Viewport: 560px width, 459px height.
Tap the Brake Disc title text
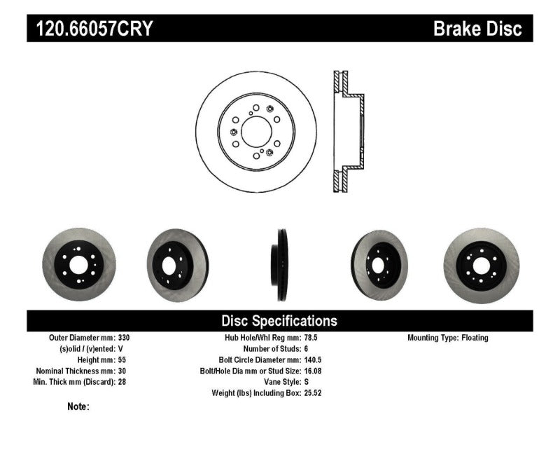(x=477, y=29)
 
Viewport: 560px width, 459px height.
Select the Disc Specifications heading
(x=279, y=321)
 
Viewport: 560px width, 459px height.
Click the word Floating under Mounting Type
(x=475, y=338)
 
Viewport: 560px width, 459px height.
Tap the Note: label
(x=78, y=406)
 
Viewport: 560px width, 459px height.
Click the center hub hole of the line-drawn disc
(x=255, y=131)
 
